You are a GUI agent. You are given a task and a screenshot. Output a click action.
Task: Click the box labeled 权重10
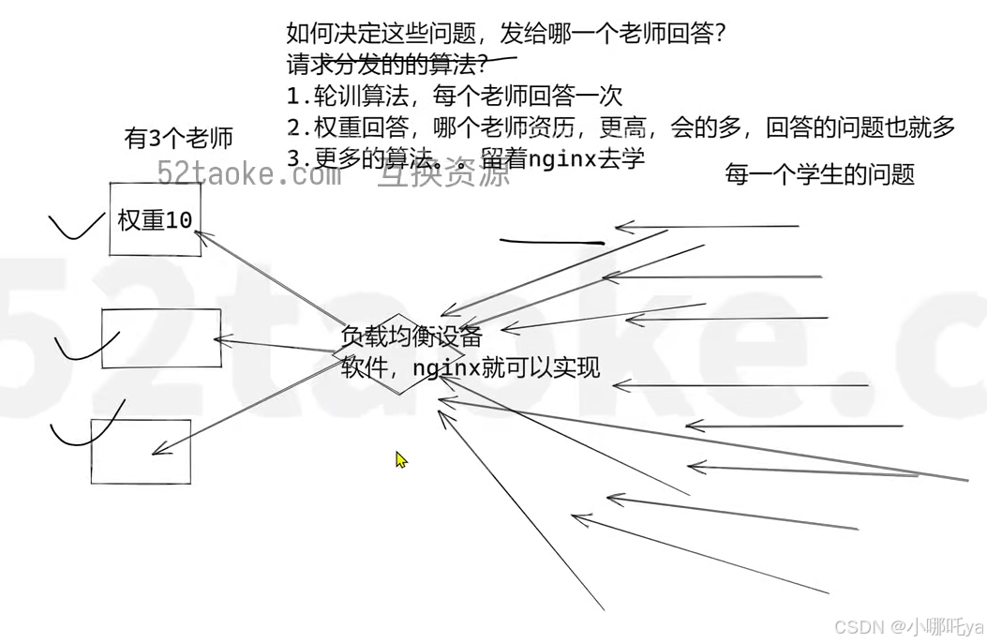click(155, 219)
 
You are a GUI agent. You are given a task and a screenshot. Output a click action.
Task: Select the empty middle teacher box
click(161, 338)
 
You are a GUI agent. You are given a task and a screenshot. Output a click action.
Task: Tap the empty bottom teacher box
click(141, 451)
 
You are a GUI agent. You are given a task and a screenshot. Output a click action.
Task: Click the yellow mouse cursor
click(400, 459)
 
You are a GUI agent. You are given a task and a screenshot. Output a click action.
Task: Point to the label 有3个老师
click(178, 139)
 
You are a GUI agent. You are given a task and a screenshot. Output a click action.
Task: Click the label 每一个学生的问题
click(819, 174)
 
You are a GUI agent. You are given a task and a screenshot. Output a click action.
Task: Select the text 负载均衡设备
click(411, 336)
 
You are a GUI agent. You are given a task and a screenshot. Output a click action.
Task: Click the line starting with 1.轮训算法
click(455, 96)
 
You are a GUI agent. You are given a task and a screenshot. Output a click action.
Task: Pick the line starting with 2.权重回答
click(621, 127)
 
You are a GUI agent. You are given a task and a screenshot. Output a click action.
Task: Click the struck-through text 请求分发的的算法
click(386, 66)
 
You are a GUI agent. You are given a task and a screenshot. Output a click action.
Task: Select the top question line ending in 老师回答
click(506, 35)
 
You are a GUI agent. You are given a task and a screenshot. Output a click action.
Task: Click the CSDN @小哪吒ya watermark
click(908, 626)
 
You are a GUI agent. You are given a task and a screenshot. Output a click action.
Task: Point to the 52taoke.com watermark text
click(247, 174)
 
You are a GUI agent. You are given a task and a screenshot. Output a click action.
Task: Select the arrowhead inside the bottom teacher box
click(157, 451)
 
